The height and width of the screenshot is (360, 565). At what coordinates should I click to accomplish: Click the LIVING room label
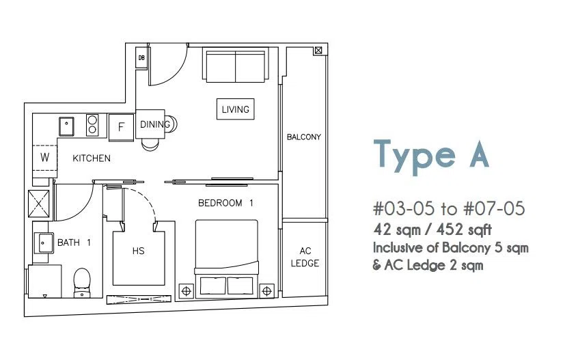[x=235, y=109]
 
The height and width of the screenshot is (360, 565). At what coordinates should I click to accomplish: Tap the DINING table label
[x=155, y=124]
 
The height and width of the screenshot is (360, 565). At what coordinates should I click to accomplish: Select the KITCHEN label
[x=92, y=158]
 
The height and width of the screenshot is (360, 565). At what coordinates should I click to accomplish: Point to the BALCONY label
[x=304, y=137]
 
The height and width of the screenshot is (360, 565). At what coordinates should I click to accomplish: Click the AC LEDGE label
[x=305, y=257]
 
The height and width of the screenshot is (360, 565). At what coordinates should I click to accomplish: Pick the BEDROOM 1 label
[x=225, y=204]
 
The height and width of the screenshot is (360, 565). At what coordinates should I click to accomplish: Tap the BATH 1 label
[x=74, y=243]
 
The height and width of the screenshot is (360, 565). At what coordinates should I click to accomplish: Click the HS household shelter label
[x=139, y=251]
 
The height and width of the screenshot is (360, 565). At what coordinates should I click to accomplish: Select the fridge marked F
[x=121, y=127]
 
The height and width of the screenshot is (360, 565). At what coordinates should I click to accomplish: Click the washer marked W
[x=44, y=158]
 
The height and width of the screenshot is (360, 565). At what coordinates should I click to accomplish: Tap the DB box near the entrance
[x=141, y=57]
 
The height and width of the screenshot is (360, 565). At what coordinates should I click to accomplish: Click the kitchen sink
[x=67, y=126]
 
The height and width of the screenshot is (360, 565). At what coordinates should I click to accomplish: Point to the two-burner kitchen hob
[x=92, y=125]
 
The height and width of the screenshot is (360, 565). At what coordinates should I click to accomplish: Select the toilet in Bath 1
[x=82, y=283]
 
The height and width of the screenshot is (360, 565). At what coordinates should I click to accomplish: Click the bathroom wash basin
[x=44, y=243]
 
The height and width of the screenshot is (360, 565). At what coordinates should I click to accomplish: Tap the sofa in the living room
[x=236, y=65]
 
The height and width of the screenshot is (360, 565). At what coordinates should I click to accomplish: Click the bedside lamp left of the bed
[x=187, y=291]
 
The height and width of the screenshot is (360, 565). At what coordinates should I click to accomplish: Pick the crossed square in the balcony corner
[x=318, y=51]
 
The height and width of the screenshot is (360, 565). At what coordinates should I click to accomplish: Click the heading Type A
[x=431, y=156]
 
